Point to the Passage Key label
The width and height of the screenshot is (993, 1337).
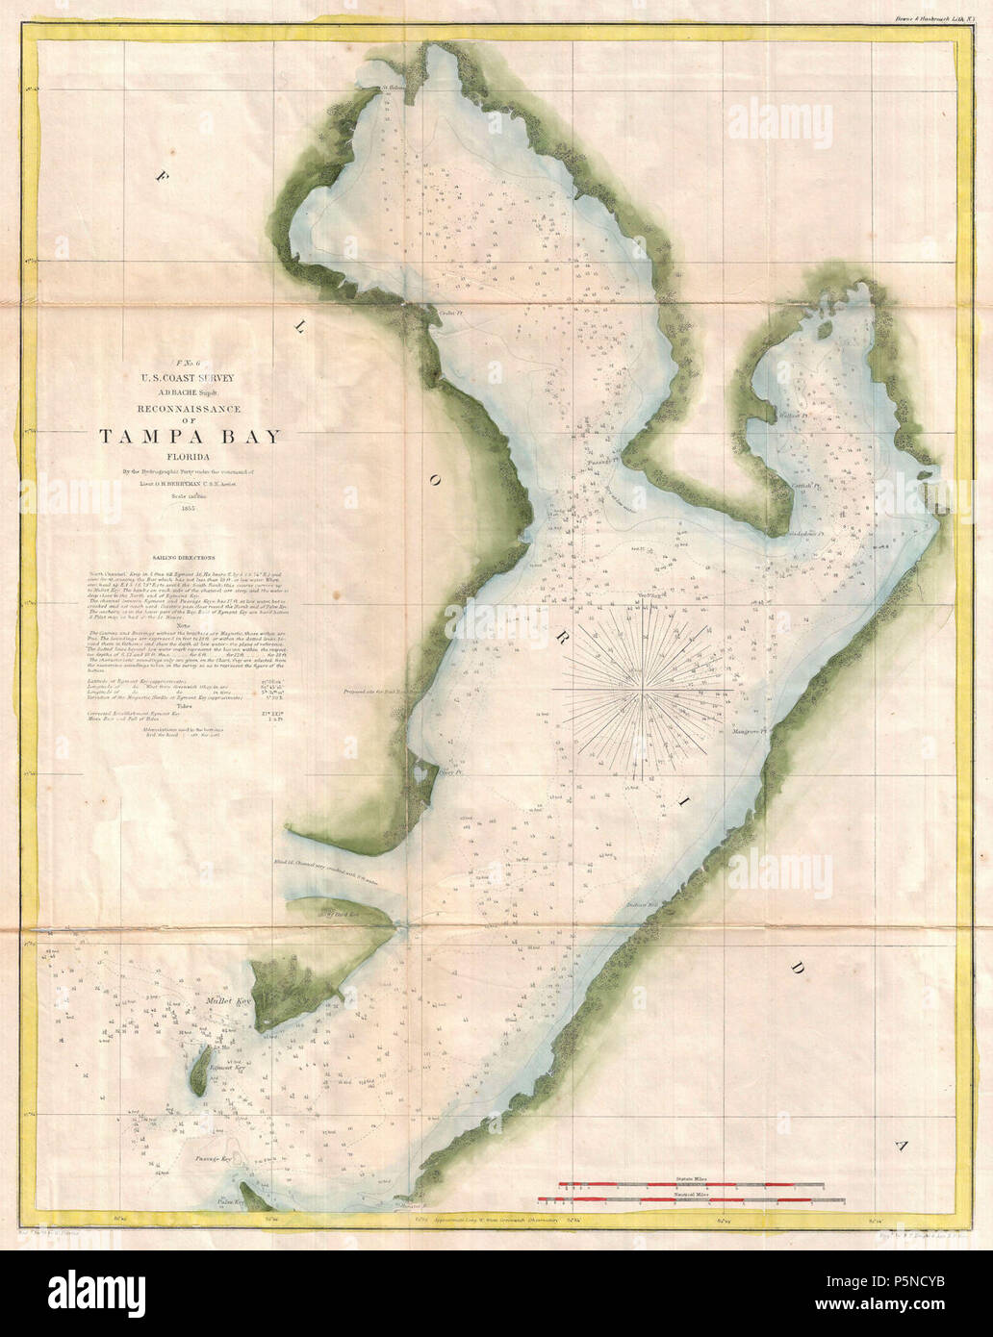coord(215,1159)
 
